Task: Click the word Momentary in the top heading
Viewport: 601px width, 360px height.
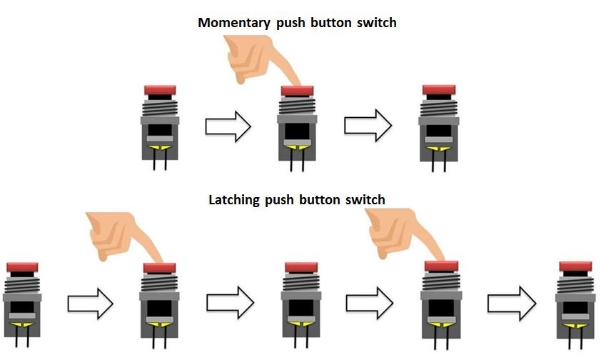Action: [x=232, y=23]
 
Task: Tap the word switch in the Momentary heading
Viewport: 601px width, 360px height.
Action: [x=374, y=23]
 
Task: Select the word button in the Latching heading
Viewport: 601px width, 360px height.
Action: [x=325, y=200]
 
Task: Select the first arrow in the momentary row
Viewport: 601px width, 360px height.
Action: [x=228, y=128]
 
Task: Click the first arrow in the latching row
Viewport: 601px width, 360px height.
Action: [x=90, y=304]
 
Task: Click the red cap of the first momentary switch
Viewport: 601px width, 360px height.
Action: [x=160, y=90]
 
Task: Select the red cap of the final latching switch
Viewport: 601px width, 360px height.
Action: [x=575, y=266]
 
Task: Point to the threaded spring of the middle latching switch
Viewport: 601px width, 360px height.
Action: [x=300, y=284]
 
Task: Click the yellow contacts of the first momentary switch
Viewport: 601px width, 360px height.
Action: [x=160, y=147]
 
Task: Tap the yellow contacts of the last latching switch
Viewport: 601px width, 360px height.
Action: [x=575, y=324]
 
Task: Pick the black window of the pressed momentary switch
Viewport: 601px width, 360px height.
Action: [x=297, y=131]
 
